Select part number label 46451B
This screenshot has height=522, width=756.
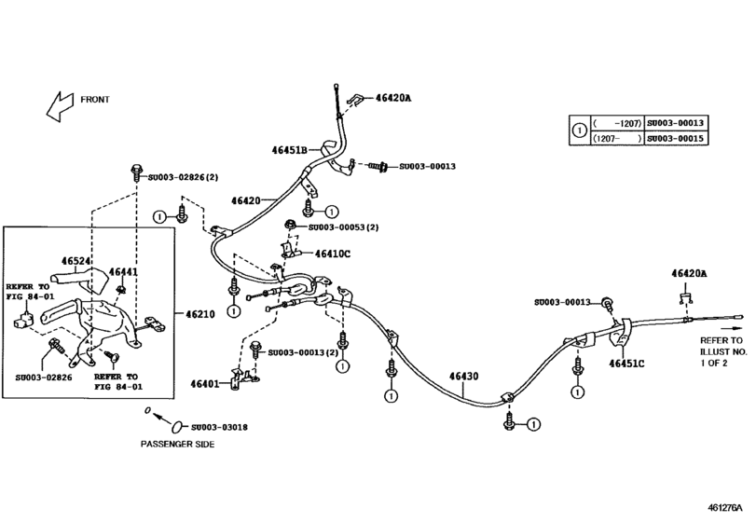tap(291, 149)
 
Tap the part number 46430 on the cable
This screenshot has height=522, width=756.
tap(463, 376)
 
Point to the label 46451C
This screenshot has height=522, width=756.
tap(628, 364)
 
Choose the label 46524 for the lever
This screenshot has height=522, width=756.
tap(78, 261)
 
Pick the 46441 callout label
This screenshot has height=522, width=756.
tap(123, 272)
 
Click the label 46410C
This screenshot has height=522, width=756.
tap(332, 254)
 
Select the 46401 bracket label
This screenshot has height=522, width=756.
tap(205, 383)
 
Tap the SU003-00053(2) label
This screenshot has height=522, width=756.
tap(342, 227)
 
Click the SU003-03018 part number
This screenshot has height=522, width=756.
tap(216, 427)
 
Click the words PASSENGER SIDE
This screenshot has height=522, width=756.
tap(177, 445)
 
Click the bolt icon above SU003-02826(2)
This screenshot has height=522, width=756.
tap(136, 172)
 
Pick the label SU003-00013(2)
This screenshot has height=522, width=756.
tap(303, 352)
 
